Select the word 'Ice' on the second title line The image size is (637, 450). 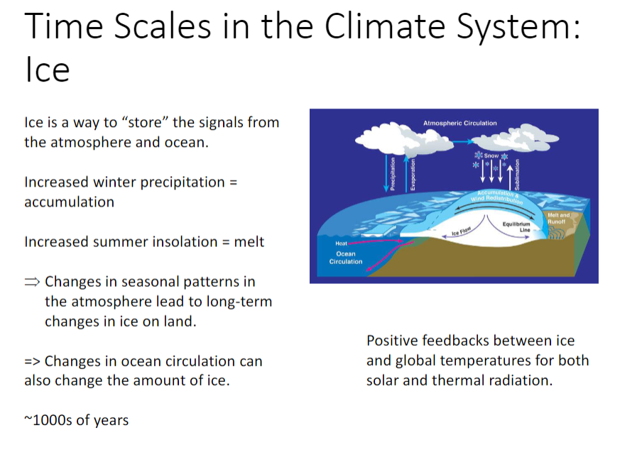[x=47, y=70]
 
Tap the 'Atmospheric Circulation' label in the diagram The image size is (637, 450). [x=459, y=124]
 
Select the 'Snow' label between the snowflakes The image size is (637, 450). [x=491, y=155]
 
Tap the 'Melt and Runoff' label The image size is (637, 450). [x=558, y=218]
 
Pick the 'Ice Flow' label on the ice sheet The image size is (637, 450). [x=462, y=232]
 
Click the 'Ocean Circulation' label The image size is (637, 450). [x=346, y=258]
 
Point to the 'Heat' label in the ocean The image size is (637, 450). [x=342, y=243]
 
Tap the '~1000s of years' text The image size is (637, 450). [x=77, y=420]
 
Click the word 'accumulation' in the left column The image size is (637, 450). [x=69, y=202]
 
